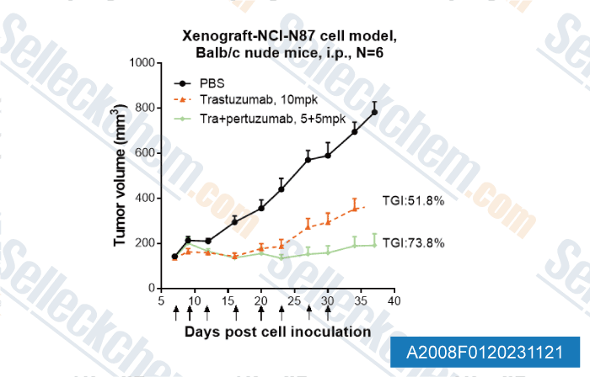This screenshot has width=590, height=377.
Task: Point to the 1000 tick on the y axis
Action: (138, 63)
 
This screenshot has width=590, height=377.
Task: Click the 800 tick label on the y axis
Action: (142, 108)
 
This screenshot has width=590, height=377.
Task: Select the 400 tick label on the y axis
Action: (142, 198)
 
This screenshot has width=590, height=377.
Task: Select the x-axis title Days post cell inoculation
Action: (277, 332)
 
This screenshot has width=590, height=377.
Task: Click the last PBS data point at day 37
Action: (374, 112)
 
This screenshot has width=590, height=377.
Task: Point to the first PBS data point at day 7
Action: (175, 257)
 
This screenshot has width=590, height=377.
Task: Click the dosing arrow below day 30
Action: (328, 313)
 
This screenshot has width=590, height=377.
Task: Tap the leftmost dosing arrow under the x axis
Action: (175, 313)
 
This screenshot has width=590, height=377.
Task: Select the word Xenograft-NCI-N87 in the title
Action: (239, 39)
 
